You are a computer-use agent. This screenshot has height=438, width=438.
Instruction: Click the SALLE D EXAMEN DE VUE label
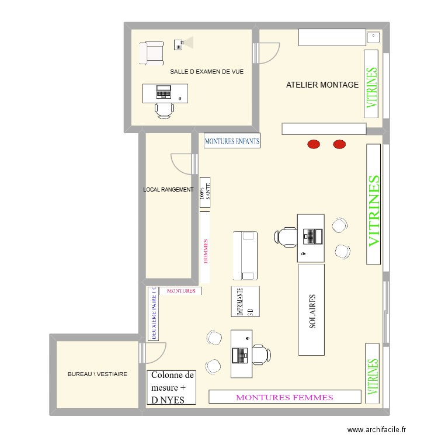click(206, 72)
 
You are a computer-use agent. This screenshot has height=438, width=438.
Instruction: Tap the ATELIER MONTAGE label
click(322, 85)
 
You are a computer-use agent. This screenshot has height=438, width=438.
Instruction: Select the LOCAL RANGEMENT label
click(168, 189)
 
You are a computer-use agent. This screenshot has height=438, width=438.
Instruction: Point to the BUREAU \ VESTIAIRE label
click(98, 374)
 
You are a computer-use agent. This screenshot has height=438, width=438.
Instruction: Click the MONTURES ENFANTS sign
click(232, 141)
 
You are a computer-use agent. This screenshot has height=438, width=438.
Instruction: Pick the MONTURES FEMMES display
click(284, 397)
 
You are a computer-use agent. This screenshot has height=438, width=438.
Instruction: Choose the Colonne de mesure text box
click(172, 387)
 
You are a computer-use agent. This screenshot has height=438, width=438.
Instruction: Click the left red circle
click(314, 144)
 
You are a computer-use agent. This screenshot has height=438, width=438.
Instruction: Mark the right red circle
click(339, 144)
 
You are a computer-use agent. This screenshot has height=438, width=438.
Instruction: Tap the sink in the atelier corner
click(373, 37)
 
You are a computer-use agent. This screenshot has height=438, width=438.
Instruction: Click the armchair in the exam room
click(151, 52)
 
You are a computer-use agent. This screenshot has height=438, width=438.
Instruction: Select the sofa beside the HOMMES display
click(245, 256)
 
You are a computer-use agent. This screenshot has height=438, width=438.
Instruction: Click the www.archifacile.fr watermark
click(376, 429)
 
